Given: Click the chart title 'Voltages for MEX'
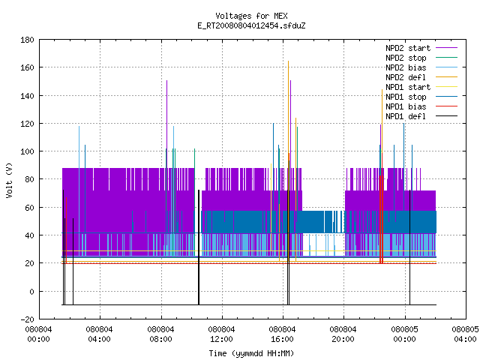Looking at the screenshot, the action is tap(251, 16).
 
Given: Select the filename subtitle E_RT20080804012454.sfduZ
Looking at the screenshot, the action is tap(251, 25).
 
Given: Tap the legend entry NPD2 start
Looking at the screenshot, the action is tap(421, 48).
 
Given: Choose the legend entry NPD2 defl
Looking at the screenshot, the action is tap(421, 77).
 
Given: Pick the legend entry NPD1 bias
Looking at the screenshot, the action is tap(421, 106).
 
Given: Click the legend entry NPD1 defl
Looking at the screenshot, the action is tap(421, 116).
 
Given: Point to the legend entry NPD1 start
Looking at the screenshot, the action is tap(421, 87).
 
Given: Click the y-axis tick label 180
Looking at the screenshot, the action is tap(27, 40).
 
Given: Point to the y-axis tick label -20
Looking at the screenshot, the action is tap(27, 319).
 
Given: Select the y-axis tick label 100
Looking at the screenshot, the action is tap(27, 151).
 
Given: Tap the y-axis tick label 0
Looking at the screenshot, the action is tap(31, 292).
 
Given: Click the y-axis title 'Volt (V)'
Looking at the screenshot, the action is tap(9, 180).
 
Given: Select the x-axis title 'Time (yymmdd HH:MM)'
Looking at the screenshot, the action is tap(251, 353).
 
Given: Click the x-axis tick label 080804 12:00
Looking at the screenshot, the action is tap(221, 334).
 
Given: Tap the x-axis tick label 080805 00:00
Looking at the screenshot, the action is tap(404, 334).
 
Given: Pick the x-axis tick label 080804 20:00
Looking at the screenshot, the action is tap(343, 334).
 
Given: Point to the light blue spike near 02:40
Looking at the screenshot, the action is tap(79, 190).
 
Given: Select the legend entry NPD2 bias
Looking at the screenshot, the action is tap(421, 67).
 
